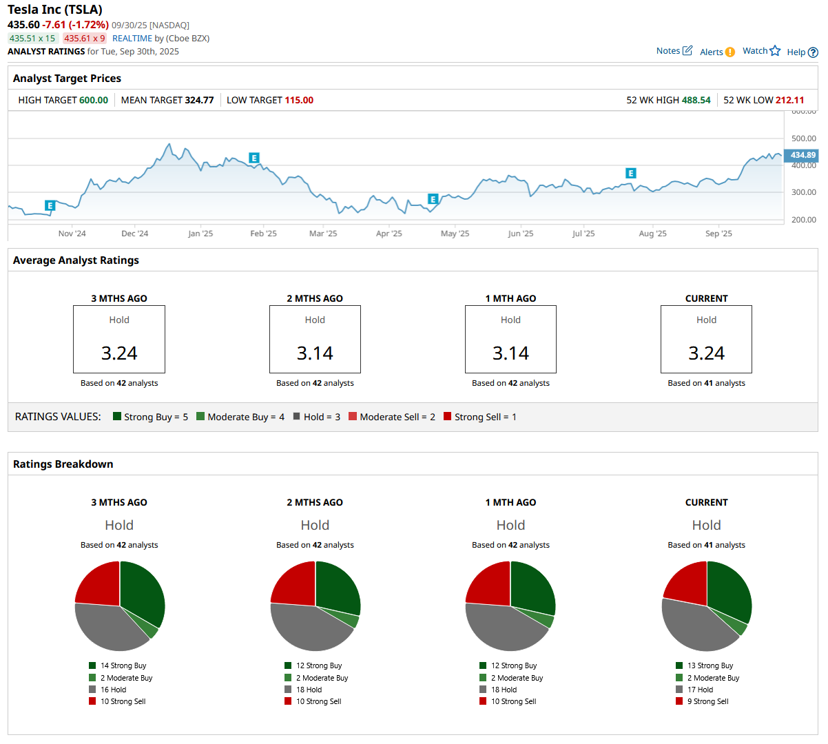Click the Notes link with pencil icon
coord(674,51)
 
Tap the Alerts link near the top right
coord(717,52)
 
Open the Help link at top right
coord(802,52)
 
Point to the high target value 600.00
coord(94,100)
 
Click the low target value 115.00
coord(299,100)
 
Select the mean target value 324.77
coord(199,100)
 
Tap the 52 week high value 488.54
coord(696,100)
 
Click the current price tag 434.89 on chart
coord(803,155)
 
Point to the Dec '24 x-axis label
coord(134,234)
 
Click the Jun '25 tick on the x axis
coord(520,234)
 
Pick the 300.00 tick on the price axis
coord(803,192)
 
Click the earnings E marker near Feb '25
coord(254,158)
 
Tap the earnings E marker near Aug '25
coord(630,174)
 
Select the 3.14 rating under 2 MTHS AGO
coord(315,353)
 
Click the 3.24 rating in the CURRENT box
coord(706,353)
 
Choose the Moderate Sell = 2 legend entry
coord(392,417)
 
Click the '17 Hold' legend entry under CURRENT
coord(700,690)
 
